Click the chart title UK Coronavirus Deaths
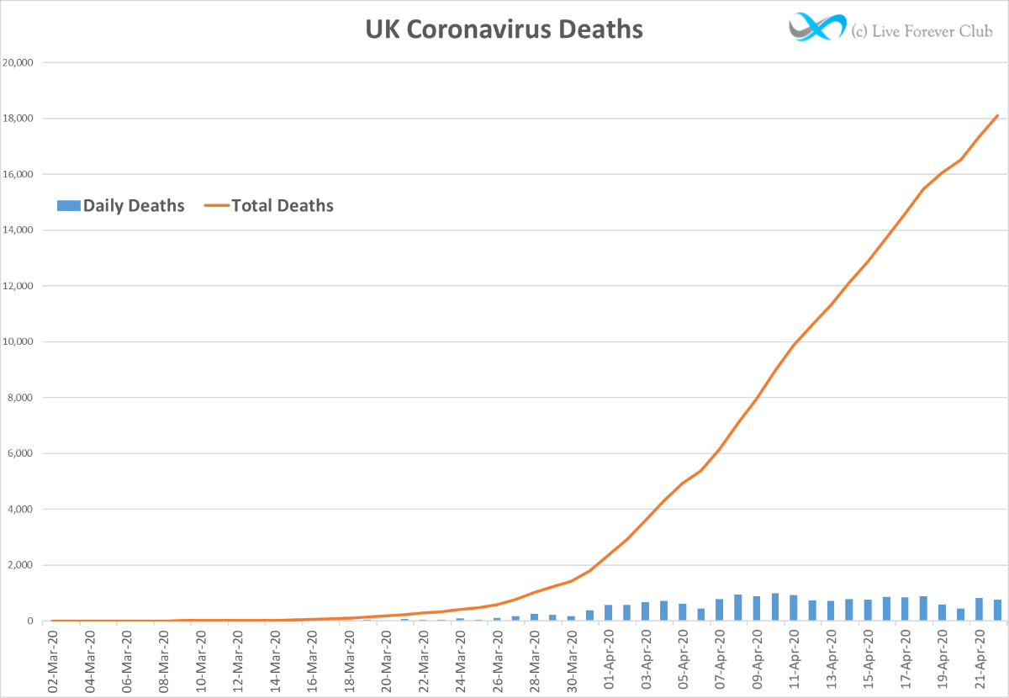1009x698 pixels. click(504, 29)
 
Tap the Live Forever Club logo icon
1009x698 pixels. click(816, 28)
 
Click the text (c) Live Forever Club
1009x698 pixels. click(922, 31)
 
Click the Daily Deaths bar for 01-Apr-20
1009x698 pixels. click(609, 613)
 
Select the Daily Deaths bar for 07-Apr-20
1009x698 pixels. click(720, 610)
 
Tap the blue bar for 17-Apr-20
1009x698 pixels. click(905, 609)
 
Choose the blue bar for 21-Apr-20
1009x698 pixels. click(979, 610)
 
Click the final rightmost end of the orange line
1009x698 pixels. click(997, 115)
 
